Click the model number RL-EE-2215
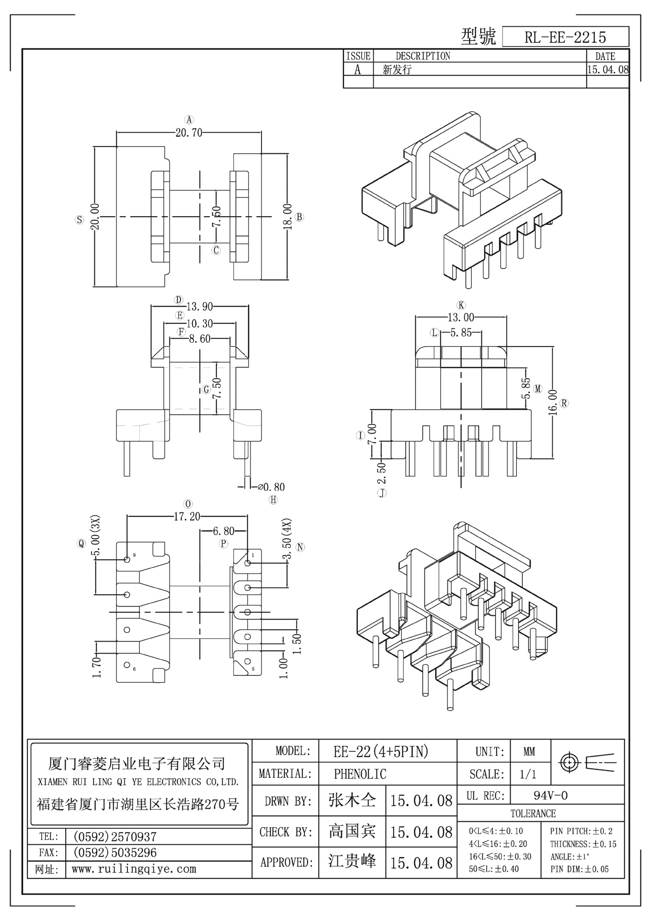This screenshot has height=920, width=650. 565,37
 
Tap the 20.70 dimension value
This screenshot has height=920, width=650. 189,133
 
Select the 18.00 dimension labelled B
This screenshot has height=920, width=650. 287,217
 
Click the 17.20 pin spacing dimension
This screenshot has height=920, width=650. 187,517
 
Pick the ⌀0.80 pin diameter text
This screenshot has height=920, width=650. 271,487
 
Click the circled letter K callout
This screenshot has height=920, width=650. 461,305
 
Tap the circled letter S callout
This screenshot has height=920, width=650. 80,220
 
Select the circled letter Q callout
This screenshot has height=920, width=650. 81,543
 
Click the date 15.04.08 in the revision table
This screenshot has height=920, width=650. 608,69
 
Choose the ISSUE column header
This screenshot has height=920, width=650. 358,56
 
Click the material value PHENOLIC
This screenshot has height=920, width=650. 360,774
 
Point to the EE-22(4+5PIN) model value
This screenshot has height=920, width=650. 381,752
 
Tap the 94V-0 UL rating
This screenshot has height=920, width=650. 550,796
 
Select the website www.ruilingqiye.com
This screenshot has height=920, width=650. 134,869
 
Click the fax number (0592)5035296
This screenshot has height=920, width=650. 114,853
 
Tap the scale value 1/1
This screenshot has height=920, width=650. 528,774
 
